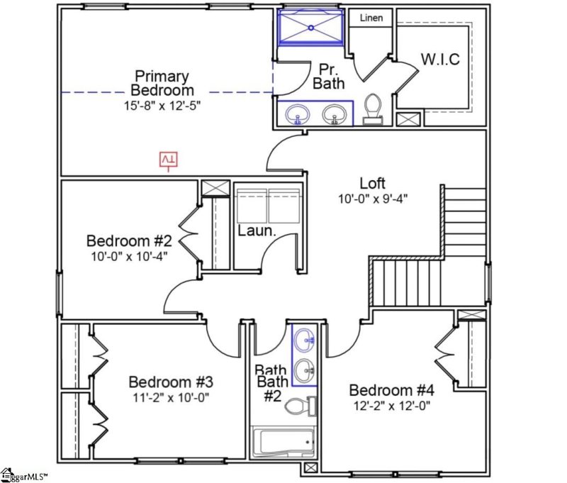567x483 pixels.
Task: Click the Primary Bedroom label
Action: tap(162, 83)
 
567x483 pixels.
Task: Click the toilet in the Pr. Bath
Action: tap(374, 111)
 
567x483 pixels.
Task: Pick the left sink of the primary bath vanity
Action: tap(298, 114)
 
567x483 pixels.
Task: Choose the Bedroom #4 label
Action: tap(391, 390)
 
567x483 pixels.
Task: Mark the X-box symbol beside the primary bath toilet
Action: tap(408, 120)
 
